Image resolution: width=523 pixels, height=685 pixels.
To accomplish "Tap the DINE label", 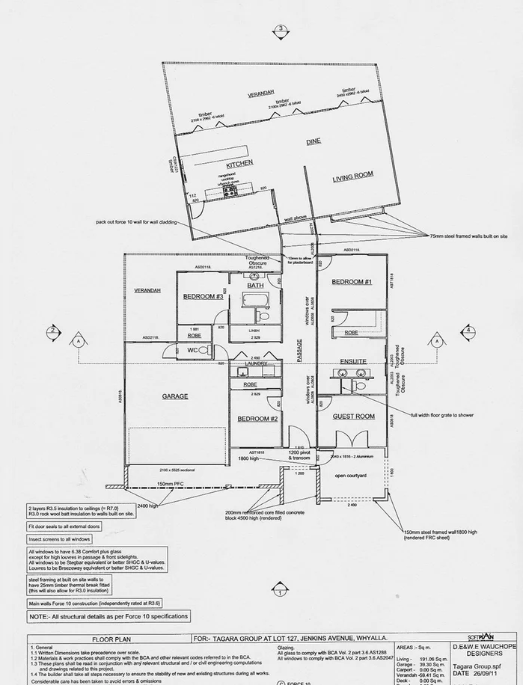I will click(313, 141).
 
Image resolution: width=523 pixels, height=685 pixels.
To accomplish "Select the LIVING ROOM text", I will click(352, 176).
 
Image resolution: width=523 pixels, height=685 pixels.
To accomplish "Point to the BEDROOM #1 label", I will click(352, 281).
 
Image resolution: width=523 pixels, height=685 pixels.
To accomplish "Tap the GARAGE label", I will click(174, 396).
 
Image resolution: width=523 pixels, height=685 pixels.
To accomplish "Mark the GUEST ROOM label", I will click(353, 416).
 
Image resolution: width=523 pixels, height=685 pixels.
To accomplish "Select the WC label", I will click(192, 350).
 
